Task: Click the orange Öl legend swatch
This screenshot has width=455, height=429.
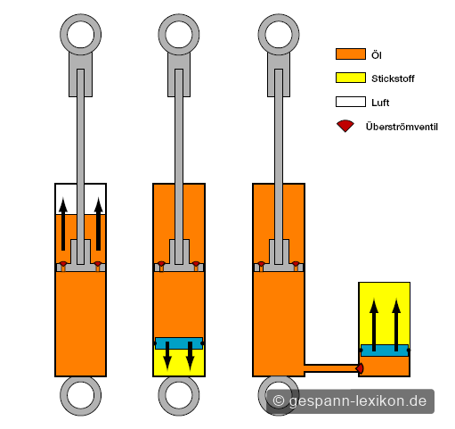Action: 351,54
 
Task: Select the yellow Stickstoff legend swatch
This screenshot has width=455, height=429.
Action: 351,78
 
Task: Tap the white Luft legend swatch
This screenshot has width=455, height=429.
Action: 351,102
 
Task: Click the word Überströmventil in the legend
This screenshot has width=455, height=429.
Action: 402,127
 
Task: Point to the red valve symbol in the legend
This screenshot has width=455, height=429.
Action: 345,126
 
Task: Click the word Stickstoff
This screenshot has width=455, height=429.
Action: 393,78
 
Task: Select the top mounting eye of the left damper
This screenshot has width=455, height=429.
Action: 80,35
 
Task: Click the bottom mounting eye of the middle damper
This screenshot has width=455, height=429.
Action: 179,396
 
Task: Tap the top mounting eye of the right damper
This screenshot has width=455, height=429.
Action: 279,35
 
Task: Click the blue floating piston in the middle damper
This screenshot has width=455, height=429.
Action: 179,343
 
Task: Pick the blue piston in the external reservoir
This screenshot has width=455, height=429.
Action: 385,351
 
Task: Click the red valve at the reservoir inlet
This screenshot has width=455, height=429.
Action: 360,368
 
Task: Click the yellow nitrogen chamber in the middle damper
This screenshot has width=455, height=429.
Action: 179,363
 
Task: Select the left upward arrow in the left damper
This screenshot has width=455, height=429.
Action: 63,223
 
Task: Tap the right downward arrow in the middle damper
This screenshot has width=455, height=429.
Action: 190,356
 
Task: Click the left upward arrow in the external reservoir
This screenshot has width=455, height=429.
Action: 374,325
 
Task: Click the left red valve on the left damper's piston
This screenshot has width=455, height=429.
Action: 63,264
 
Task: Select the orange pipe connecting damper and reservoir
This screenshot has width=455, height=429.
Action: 331,368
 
